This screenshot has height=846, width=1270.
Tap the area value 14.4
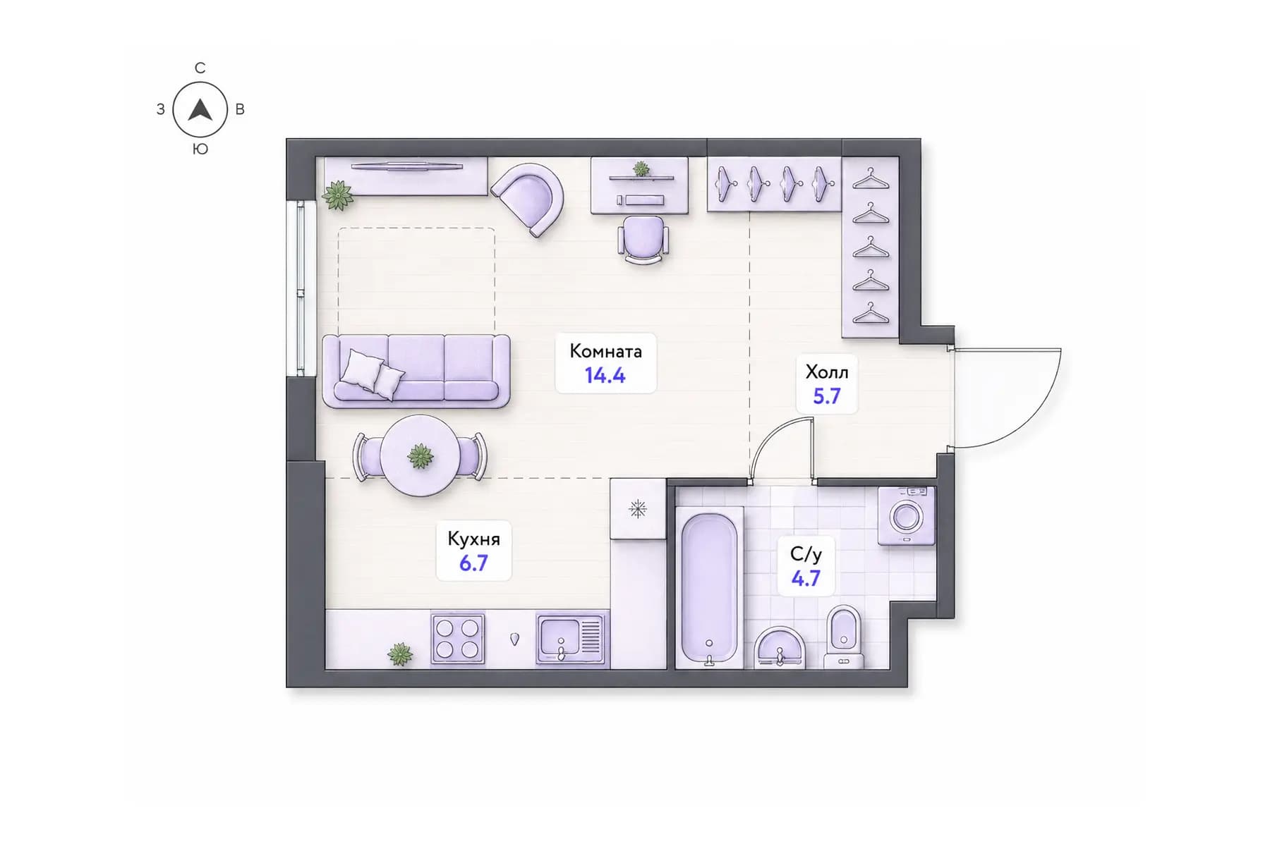click(x=605, y=376)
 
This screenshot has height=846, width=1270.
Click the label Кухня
click(x=473, y=539)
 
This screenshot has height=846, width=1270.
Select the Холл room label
click(x=827, y=372)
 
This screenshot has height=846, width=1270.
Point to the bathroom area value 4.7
click(x=806, y=579)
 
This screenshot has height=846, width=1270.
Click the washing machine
click(x=907, y=515)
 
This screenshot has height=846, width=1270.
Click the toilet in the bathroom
click(x=844, y=637)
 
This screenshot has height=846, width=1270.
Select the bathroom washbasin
click(x=779, y=647)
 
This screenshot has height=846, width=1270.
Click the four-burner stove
click(x=458, y=639)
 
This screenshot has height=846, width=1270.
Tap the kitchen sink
click(x=571, y=639)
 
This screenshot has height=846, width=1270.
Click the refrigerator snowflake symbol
click(x=638, y=509)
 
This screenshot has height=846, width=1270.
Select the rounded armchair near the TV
click(x=528, y=197)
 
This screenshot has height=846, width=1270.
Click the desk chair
click(x=643, y=240)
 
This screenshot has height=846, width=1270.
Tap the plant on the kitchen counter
click(x=400, y=654)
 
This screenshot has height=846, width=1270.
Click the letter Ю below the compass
click(x=200, y=149)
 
